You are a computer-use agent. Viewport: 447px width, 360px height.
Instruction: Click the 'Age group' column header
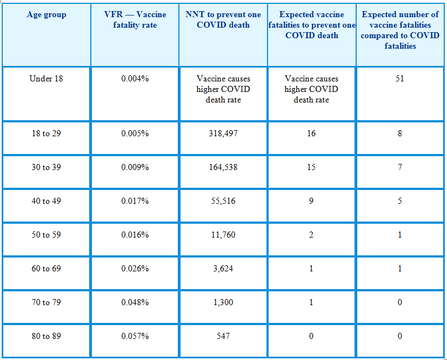[47, 14]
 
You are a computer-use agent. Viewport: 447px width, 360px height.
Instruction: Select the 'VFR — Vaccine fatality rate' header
[135, 20]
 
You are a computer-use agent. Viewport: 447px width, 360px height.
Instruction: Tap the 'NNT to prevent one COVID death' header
[223, 20]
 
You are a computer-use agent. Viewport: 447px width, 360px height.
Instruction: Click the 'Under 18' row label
[46, 79]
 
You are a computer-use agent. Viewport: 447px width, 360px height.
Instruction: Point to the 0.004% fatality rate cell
[135, 79]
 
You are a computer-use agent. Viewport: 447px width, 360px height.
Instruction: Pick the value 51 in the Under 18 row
[400, 79]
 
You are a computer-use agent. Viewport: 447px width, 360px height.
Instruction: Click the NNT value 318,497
[223, 133]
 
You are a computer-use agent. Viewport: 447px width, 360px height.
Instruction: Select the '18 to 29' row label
[46, 133]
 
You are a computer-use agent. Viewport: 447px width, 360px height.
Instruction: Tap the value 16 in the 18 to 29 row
[311, 133]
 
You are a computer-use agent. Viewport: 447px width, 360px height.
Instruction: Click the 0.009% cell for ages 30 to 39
[135, 167]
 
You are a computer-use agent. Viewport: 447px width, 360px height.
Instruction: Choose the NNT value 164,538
[223, 167]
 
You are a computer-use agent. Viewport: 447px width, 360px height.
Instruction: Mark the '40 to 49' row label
[46, 201]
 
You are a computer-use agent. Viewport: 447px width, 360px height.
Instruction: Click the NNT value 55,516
[223, 201]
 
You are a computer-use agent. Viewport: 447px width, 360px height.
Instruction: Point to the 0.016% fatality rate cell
[135, 235]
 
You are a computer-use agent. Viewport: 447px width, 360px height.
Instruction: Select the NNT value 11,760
[223, 235]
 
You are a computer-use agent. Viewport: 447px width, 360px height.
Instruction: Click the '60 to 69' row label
[46, 269]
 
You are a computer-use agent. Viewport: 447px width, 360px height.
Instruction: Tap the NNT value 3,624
[223, 269]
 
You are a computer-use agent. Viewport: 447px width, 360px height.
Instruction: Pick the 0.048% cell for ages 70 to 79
[135, 302]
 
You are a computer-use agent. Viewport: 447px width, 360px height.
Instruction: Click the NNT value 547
[223, 336]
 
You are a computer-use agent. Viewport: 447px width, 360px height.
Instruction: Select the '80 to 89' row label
[46, 336]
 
